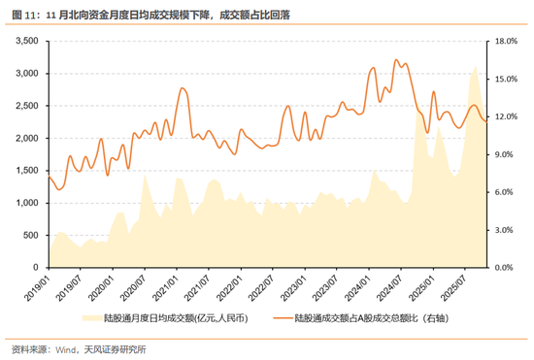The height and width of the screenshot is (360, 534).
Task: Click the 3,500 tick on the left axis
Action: [x=26, y=42]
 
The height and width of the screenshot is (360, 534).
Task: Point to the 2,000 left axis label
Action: [x=26, y=138]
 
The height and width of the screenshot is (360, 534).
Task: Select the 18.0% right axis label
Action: [x=507, y=42]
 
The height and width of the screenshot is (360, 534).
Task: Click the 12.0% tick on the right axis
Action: [x=507, y=116]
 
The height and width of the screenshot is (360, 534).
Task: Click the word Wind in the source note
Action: [x=66, y=348]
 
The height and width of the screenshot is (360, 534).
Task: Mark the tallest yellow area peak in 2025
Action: [x=475, y=67]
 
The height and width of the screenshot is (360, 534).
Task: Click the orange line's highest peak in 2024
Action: [x=395, y=59]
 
